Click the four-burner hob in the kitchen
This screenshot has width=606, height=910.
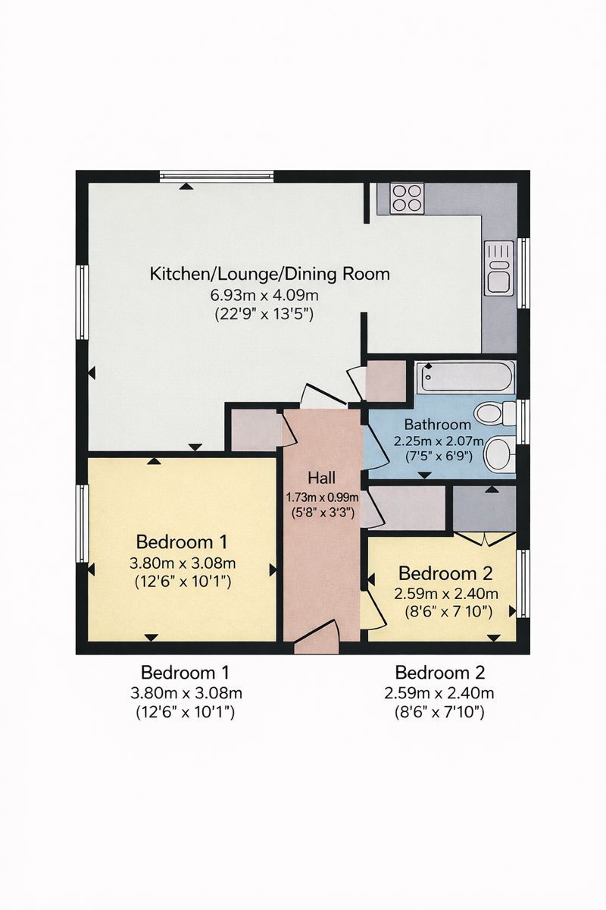(406, 199)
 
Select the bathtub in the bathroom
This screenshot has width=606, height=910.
(465, 377)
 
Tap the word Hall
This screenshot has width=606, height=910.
(321, 478)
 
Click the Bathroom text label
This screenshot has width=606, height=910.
(437, 424)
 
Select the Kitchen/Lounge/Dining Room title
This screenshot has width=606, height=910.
(270, 274)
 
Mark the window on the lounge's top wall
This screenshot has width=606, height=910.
(216, 176)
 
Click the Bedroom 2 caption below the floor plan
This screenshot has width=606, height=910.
(440, 672)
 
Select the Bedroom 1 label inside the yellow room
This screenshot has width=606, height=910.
(182, 542)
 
